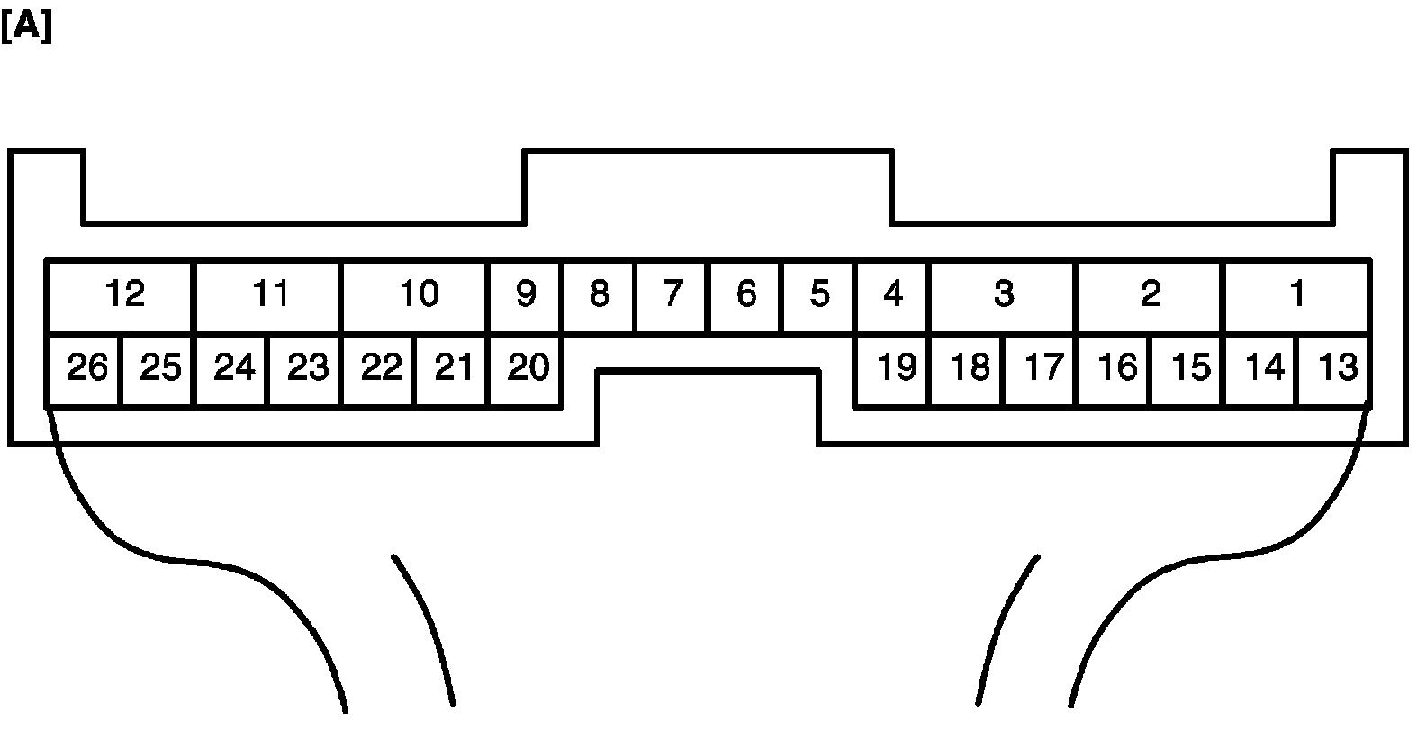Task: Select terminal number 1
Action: coord(1296,295)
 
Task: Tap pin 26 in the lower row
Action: coord(86,369)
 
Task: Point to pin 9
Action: coord(526,295)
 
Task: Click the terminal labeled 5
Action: coord(819,295)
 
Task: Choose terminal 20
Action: coord(527,369)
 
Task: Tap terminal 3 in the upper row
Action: coord(1003,295)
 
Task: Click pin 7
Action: coord(672,295)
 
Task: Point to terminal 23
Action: coord(306,369)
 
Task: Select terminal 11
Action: coord(268,295)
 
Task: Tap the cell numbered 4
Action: coord(893,295)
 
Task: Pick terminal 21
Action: coord(453,369)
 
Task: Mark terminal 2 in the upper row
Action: coord(1150,295)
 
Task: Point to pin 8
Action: coord(599,295)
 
